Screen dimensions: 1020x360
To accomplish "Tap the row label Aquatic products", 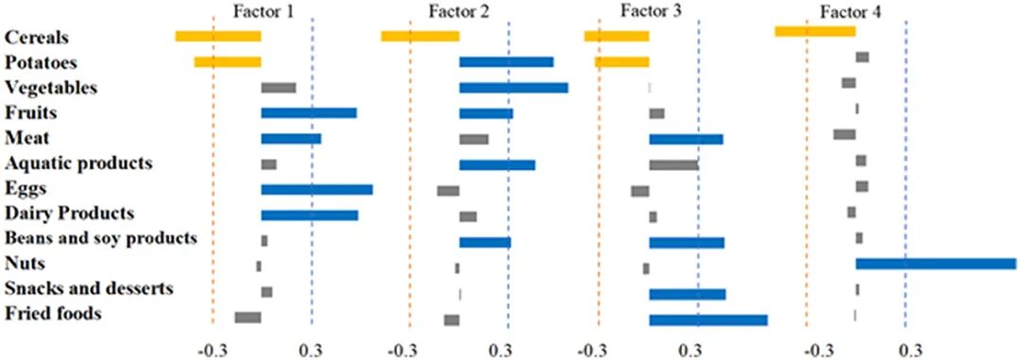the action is (x=78, y=163).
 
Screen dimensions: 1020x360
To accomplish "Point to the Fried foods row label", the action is (x=53, y=315).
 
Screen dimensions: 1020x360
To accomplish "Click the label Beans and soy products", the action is (x=100, y=238).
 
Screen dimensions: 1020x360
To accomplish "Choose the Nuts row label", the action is (x=23, y=264).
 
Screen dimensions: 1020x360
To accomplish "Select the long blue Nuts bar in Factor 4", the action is (x=935, y=264).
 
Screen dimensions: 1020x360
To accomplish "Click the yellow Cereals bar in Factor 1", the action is (x=218, y=37).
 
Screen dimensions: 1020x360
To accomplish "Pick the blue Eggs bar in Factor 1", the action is (x=316, y=189).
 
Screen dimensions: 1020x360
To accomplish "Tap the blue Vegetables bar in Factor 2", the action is (x=514, y=88).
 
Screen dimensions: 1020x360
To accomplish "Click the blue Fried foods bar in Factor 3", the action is (x=708, y=319).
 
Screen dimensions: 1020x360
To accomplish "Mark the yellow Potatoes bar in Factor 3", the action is (x=621, y=61).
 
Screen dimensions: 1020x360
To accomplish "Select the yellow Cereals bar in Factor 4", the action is (x=815, y=31).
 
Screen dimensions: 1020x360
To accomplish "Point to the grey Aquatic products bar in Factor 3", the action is (x=674, y=164).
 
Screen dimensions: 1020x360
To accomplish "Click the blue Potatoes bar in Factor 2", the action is (x=506, y=61).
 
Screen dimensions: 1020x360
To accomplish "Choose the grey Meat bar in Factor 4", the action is (x=844, y=134).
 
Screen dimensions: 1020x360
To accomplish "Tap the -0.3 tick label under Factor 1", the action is (x=213, y=351).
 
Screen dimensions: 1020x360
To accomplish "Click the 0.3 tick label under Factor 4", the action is (x=905, y=351).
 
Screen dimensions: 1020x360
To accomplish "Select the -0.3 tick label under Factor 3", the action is (x=598, y=351).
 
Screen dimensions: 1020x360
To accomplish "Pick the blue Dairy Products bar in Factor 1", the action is (x=310, y=214).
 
